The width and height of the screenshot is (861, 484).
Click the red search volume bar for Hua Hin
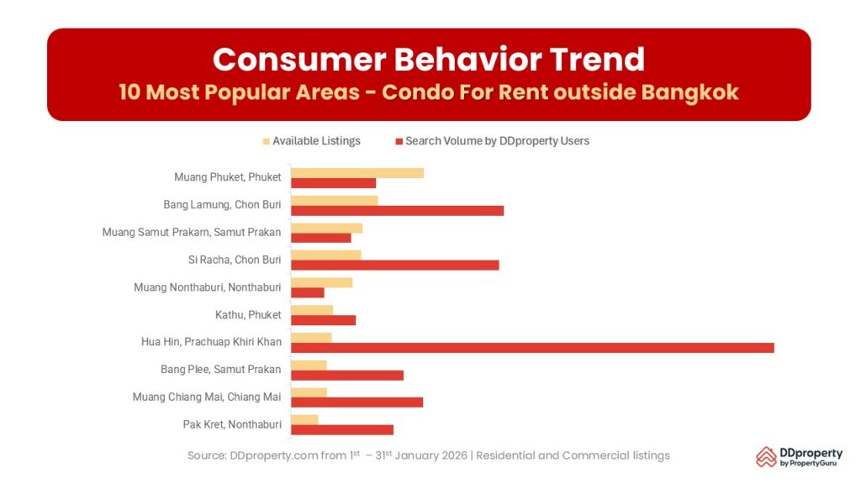pos(532,348)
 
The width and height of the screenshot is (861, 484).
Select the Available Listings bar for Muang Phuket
pos(357,172)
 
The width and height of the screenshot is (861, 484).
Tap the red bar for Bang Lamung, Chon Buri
pos(397,210)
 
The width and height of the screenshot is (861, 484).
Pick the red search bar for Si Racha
pos(394,266)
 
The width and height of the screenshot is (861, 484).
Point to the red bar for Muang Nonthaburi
pos(308,292)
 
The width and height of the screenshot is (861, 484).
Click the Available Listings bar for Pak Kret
pos(304,419)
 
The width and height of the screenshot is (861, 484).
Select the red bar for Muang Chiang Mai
pos(357,402)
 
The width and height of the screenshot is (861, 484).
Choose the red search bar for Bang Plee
pos(347,375)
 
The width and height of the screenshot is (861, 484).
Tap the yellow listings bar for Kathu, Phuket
pos(312,310)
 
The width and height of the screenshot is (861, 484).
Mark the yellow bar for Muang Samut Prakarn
pos(326,228)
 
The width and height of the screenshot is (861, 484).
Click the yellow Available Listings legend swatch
pos(267,141)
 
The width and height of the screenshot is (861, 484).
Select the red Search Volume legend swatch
pos(399,141)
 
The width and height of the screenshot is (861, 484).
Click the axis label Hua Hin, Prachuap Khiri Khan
pos(211,342)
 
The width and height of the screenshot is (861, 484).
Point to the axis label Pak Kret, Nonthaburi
pos(231,424)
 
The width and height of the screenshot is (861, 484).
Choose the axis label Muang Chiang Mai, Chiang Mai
pos(207,397)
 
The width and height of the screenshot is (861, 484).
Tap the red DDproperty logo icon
pos(766,456)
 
